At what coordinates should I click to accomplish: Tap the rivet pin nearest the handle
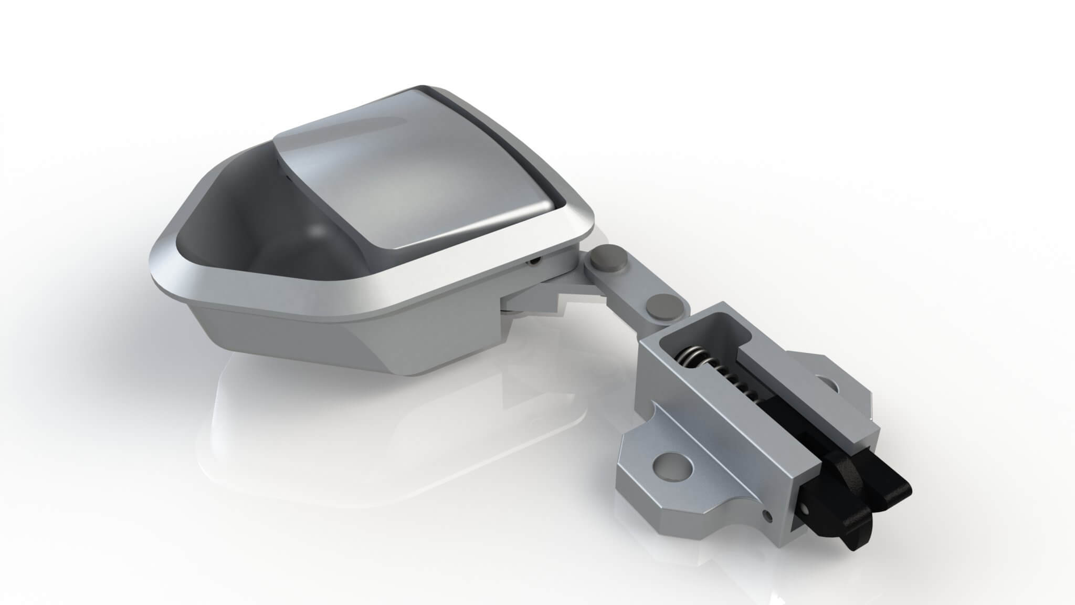pyautogui.click(x=608, y=258)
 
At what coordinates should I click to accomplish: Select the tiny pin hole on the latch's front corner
pyautogui.click(x=770, y=517)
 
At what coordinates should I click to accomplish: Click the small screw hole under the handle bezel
pyautogui.click(x=534, y=260)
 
